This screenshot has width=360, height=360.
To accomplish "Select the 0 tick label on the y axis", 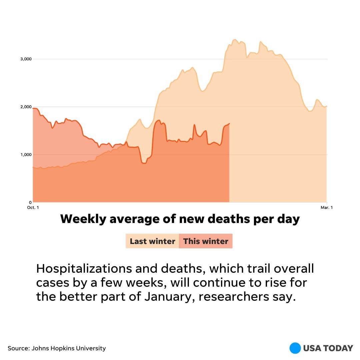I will click(30, 202).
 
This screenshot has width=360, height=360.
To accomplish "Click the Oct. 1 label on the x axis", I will click(33, 208).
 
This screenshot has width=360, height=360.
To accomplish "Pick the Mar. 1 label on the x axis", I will click(327, 208).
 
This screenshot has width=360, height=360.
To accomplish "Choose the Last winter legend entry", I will click(152, 241).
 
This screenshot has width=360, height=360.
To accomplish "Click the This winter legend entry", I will click(206, 241).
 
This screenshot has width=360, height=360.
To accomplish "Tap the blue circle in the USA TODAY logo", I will click(295, 348).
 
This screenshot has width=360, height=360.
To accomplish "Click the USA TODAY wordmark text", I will click(328, 348).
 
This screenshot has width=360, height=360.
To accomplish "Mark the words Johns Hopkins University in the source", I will click(69, 348).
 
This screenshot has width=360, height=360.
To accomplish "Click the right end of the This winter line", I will click(229, 124).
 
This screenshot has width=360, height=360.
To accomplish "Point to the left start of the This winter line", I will click(33, 108).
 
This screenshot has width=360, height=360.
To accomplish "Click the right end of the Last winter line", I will click(327, 106).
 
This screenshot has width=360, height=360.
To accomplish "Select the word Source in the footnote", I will click(18, 348).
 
